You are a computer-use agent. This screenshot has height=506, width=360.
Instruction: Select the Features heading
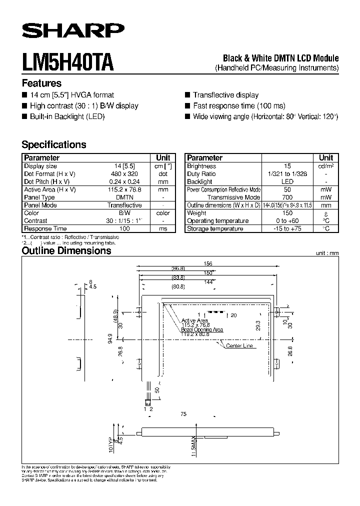point(41,83)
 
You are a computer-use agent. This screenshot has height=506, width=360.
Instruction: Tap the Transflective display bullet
point(225,95)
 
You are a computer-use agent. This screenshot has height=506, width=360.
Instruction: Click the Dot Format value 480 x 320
point(124,174)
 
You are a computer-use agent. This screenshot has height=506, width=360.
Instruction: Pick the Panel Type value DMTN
point(124,197)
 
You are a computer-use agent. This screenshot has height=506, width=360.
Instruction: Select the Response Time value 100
point(124,228)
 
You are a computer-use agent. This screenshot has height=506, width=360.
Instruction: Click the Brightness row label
point(201,166)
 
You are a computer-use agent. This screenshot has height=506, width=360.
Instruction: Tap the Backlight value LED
point(287,182)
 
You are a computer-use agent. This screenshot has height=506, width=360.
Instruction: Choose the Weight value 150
point(287,213)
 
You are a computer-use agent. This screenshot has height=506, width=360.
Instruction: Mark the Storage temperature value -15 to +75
point(287,229)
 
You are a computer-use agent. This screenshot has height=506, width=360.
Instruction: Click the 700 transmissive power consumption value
point(287,197)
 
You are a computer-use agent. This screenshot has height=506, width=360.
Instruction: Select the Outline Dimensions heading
point(66,251)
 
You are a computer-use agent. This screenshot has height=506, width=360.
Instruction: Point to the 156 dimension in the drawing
point(208,263)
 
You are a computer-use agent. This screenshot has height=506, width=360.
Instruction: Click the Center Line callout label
point(239,346)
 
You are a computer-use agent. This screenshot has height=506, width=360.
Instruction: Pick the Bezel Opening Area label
point(202,330)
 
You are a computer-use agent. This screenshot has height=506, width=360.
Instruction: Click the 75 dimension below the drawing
point(183,414)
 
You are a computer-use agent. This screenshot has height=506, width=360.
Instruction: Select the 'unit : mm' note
point(327,253)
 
